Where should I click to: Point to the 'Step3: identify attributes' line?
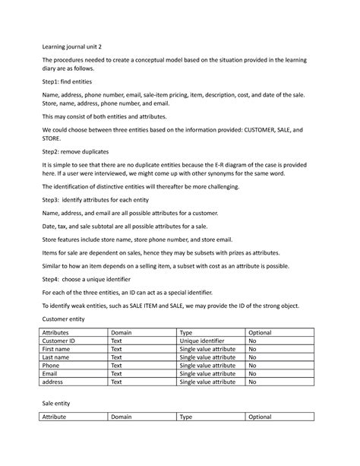98,198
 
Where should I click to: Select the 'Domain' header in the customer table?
122,333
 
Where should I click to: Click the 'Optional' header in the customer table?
261,333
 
